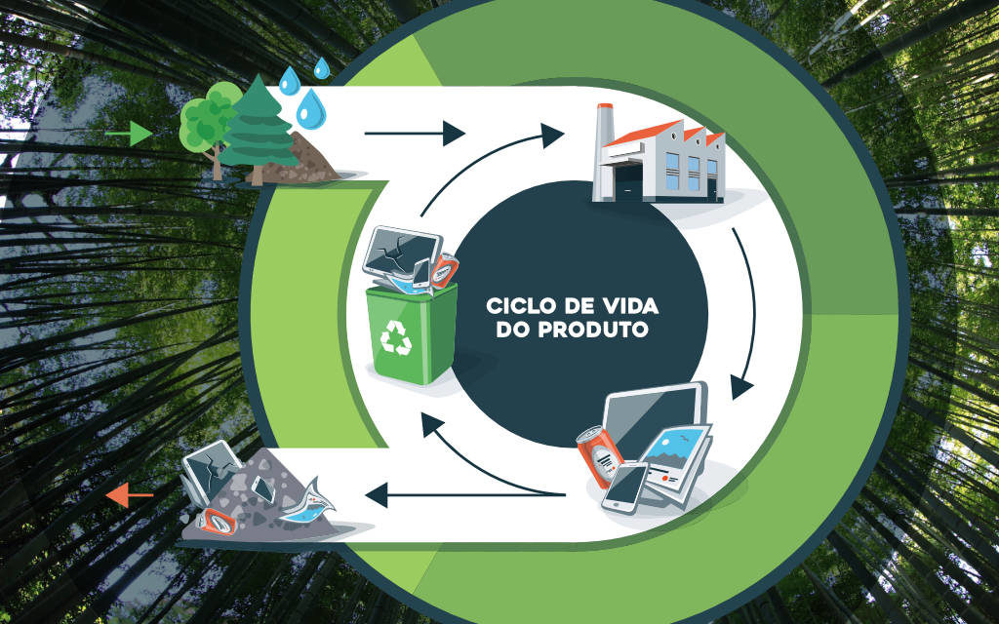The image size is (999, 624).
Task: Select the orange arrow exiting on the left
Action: coord(129,497)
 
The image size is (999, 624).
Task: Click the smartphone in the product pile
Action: coord(624,487)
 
